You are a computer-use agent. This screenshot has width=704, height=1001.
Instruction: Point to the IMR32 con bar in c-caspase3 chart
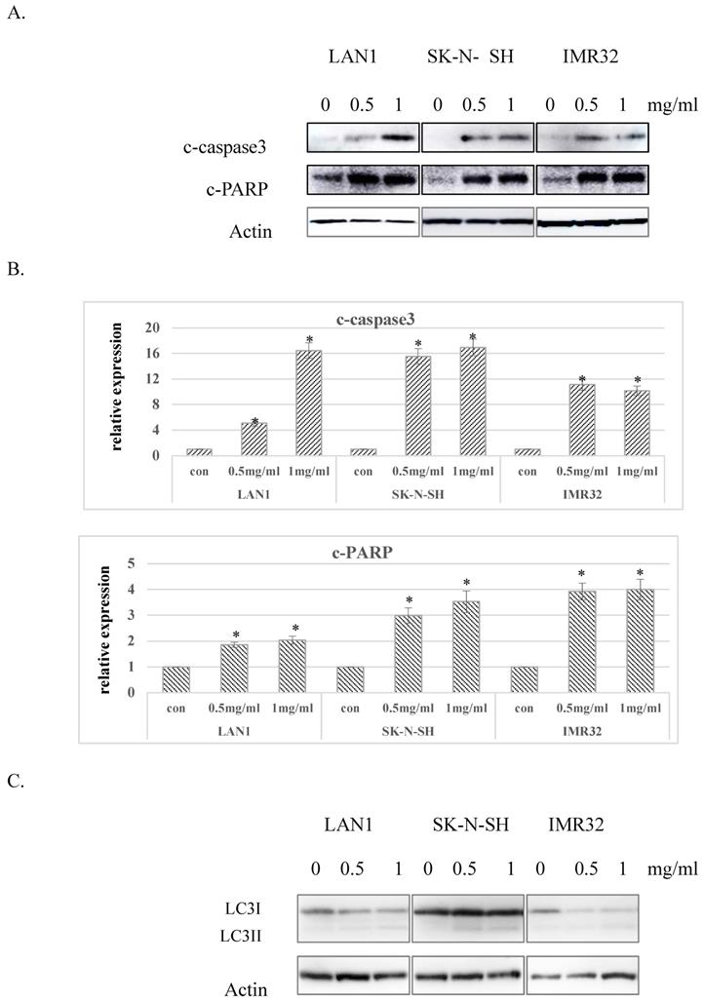point(528,452)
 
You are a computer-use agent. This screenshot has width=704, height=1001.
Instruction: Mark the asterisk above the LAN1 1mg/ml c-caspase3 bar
point(309,340)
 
